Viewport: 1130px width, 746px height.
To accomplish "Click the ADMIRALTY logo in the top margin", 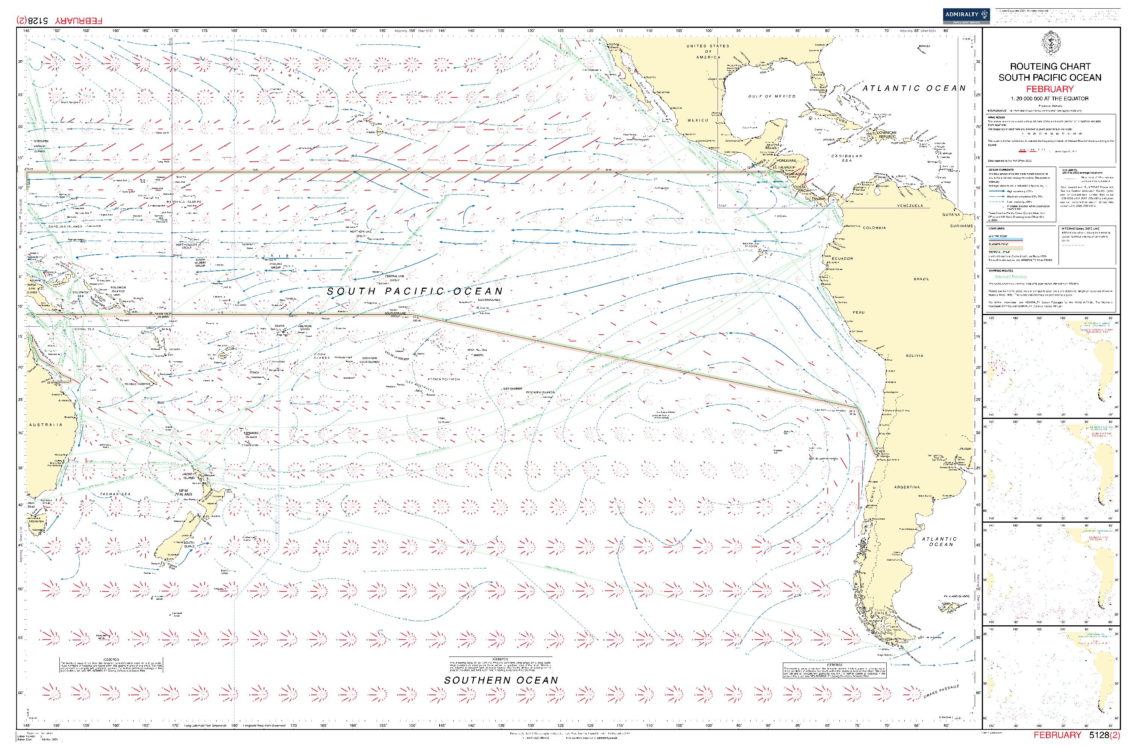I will point(966,16).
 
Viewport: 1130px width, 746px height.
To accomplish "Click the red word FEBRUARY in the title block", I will point(1049,89).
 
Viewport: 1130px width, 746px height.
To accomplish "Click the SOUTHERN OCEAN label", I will point(501,680).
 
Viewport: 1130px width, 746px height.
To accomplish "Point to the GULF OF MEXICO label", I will point(771,97).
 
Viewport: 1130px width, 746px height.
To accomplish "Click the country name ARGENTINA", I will point(907,487).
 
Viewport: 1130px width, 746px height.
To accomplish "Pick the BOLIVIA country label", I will point(914,355).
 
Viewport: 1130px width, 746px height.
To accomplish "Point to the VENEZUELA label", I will point(910,206).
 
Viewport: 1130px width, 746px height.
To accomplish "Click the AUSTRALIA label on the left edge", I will point(45,425).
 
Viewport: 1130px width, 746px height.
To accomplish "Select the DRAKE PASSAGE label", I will point(941,691).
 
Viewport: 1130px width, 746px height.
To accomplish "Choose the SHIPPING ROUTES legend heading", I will point(1001,271).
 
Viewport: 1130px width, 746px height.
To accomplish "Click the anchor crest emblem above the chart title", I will point(1050,43).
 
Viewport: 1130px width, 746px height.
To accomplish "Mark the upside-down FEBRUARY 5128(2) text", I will point(59,20).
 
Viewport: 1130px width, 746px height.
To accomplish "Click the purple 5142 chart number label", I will point(722,206).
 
